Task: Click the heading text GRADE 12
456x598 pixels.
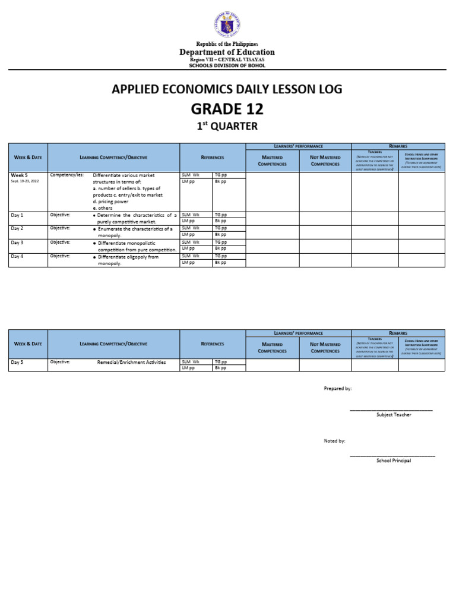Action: [x=227, y=109]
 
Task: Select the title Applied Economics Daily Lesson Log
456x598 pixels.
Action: [x=227, y=89]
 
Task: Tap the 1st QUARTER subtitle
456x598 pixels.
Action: [x=227, y=126]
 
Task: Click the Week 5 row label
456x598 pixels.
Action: [x=20, y=175]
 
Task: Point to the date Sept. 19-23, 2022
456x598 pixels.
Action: [x=25, y=181]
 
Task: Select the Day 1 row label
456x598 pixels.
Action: [x=17, y=215]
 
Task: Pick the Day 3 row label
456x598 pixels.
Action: [x=17, y=243]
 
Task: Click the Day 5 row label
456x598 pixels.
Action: [x=17, y=361]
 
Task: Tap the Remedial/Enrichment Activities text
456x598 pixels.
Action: [x=131, y=362]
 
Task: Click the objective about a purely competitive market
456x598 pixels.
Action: [x=137, y=218]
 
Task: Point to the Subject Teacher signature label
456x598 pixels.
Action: [x=394, y=414]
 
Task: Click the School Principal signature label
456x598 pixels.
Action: [x=394, y=461]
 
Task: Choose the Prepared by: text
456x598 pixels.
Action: [x=337, y=388]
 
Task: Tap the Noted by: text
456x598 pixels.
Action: [x=334, y=441]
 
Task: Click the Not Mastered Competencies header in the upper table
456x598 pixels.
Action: [x=325, y=160]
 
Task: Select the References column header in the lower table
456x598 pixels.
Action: [x=213, y=344]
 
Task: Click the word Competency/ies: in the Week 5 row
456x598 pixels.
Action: [x=67, y=175]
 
